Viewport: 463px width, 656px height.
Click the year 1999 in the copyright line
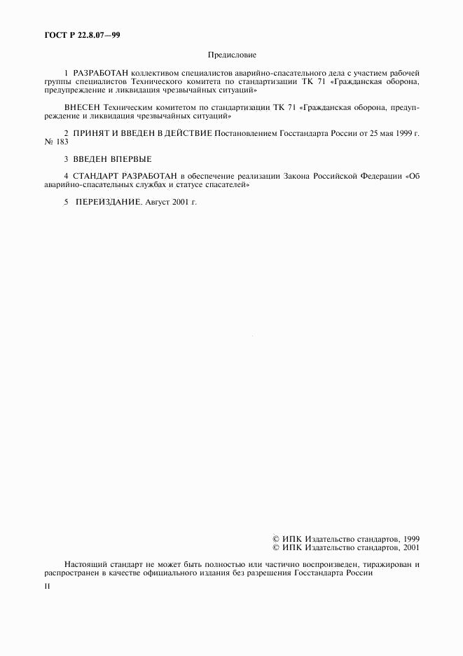[x=411, y=538]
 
